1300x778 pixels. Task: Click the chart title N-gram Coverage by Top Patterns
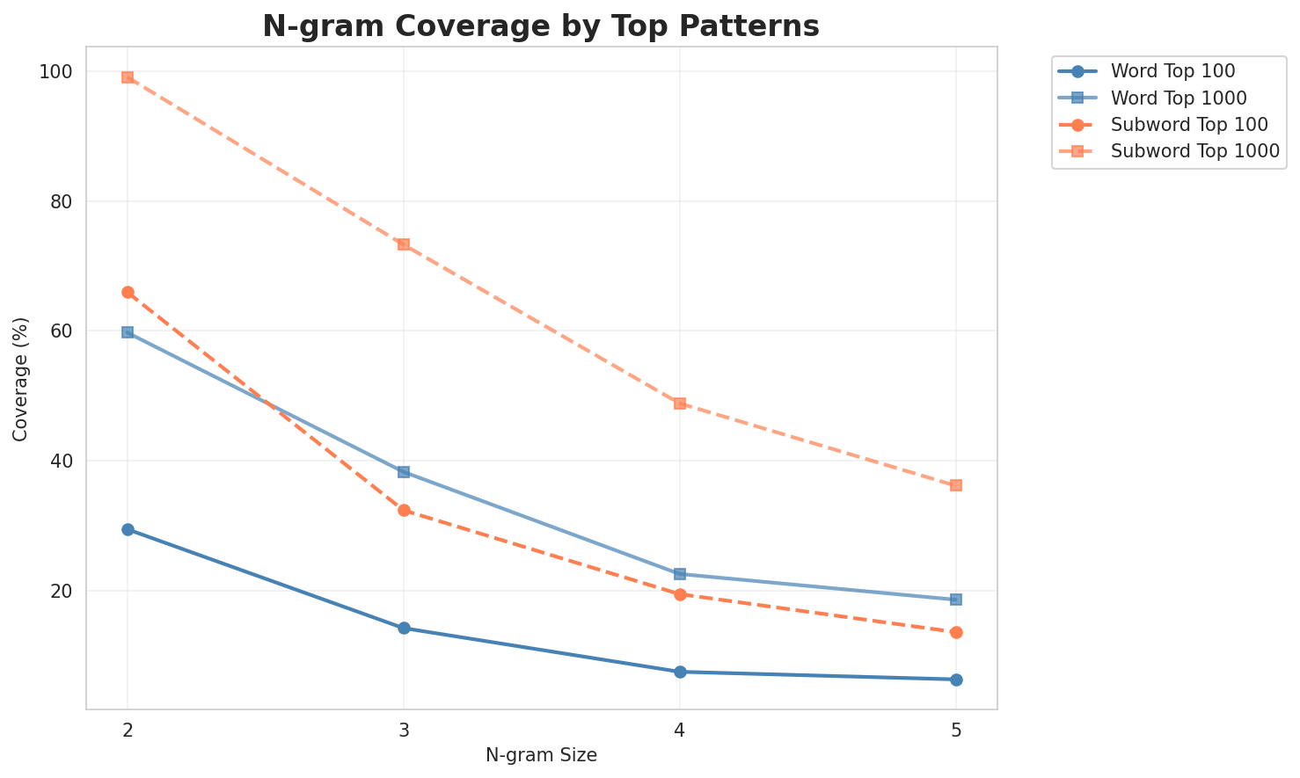coord(541,26)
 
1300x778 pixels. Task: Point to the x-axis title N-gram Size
coord(541,755)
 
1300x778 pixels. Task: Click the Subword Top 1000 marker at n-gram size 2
coord(128,77)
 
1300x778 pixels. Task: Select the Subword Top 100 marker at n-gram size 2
coord(128,292)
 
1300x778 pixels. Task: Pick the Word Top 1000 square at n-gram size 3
coord(404,472)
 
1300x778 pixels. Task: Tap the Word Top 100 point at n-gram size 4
coord(680,672)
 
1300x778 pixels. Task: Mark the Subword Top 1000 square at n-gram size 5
coord(956,485)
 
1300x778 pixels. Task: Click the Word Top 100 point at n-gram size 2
coord(128,529)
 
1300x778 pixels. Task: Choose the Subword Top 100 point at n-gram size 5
coord(956,632)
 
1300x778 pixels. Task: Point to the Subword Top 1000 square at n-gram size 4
coord(680,404)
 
